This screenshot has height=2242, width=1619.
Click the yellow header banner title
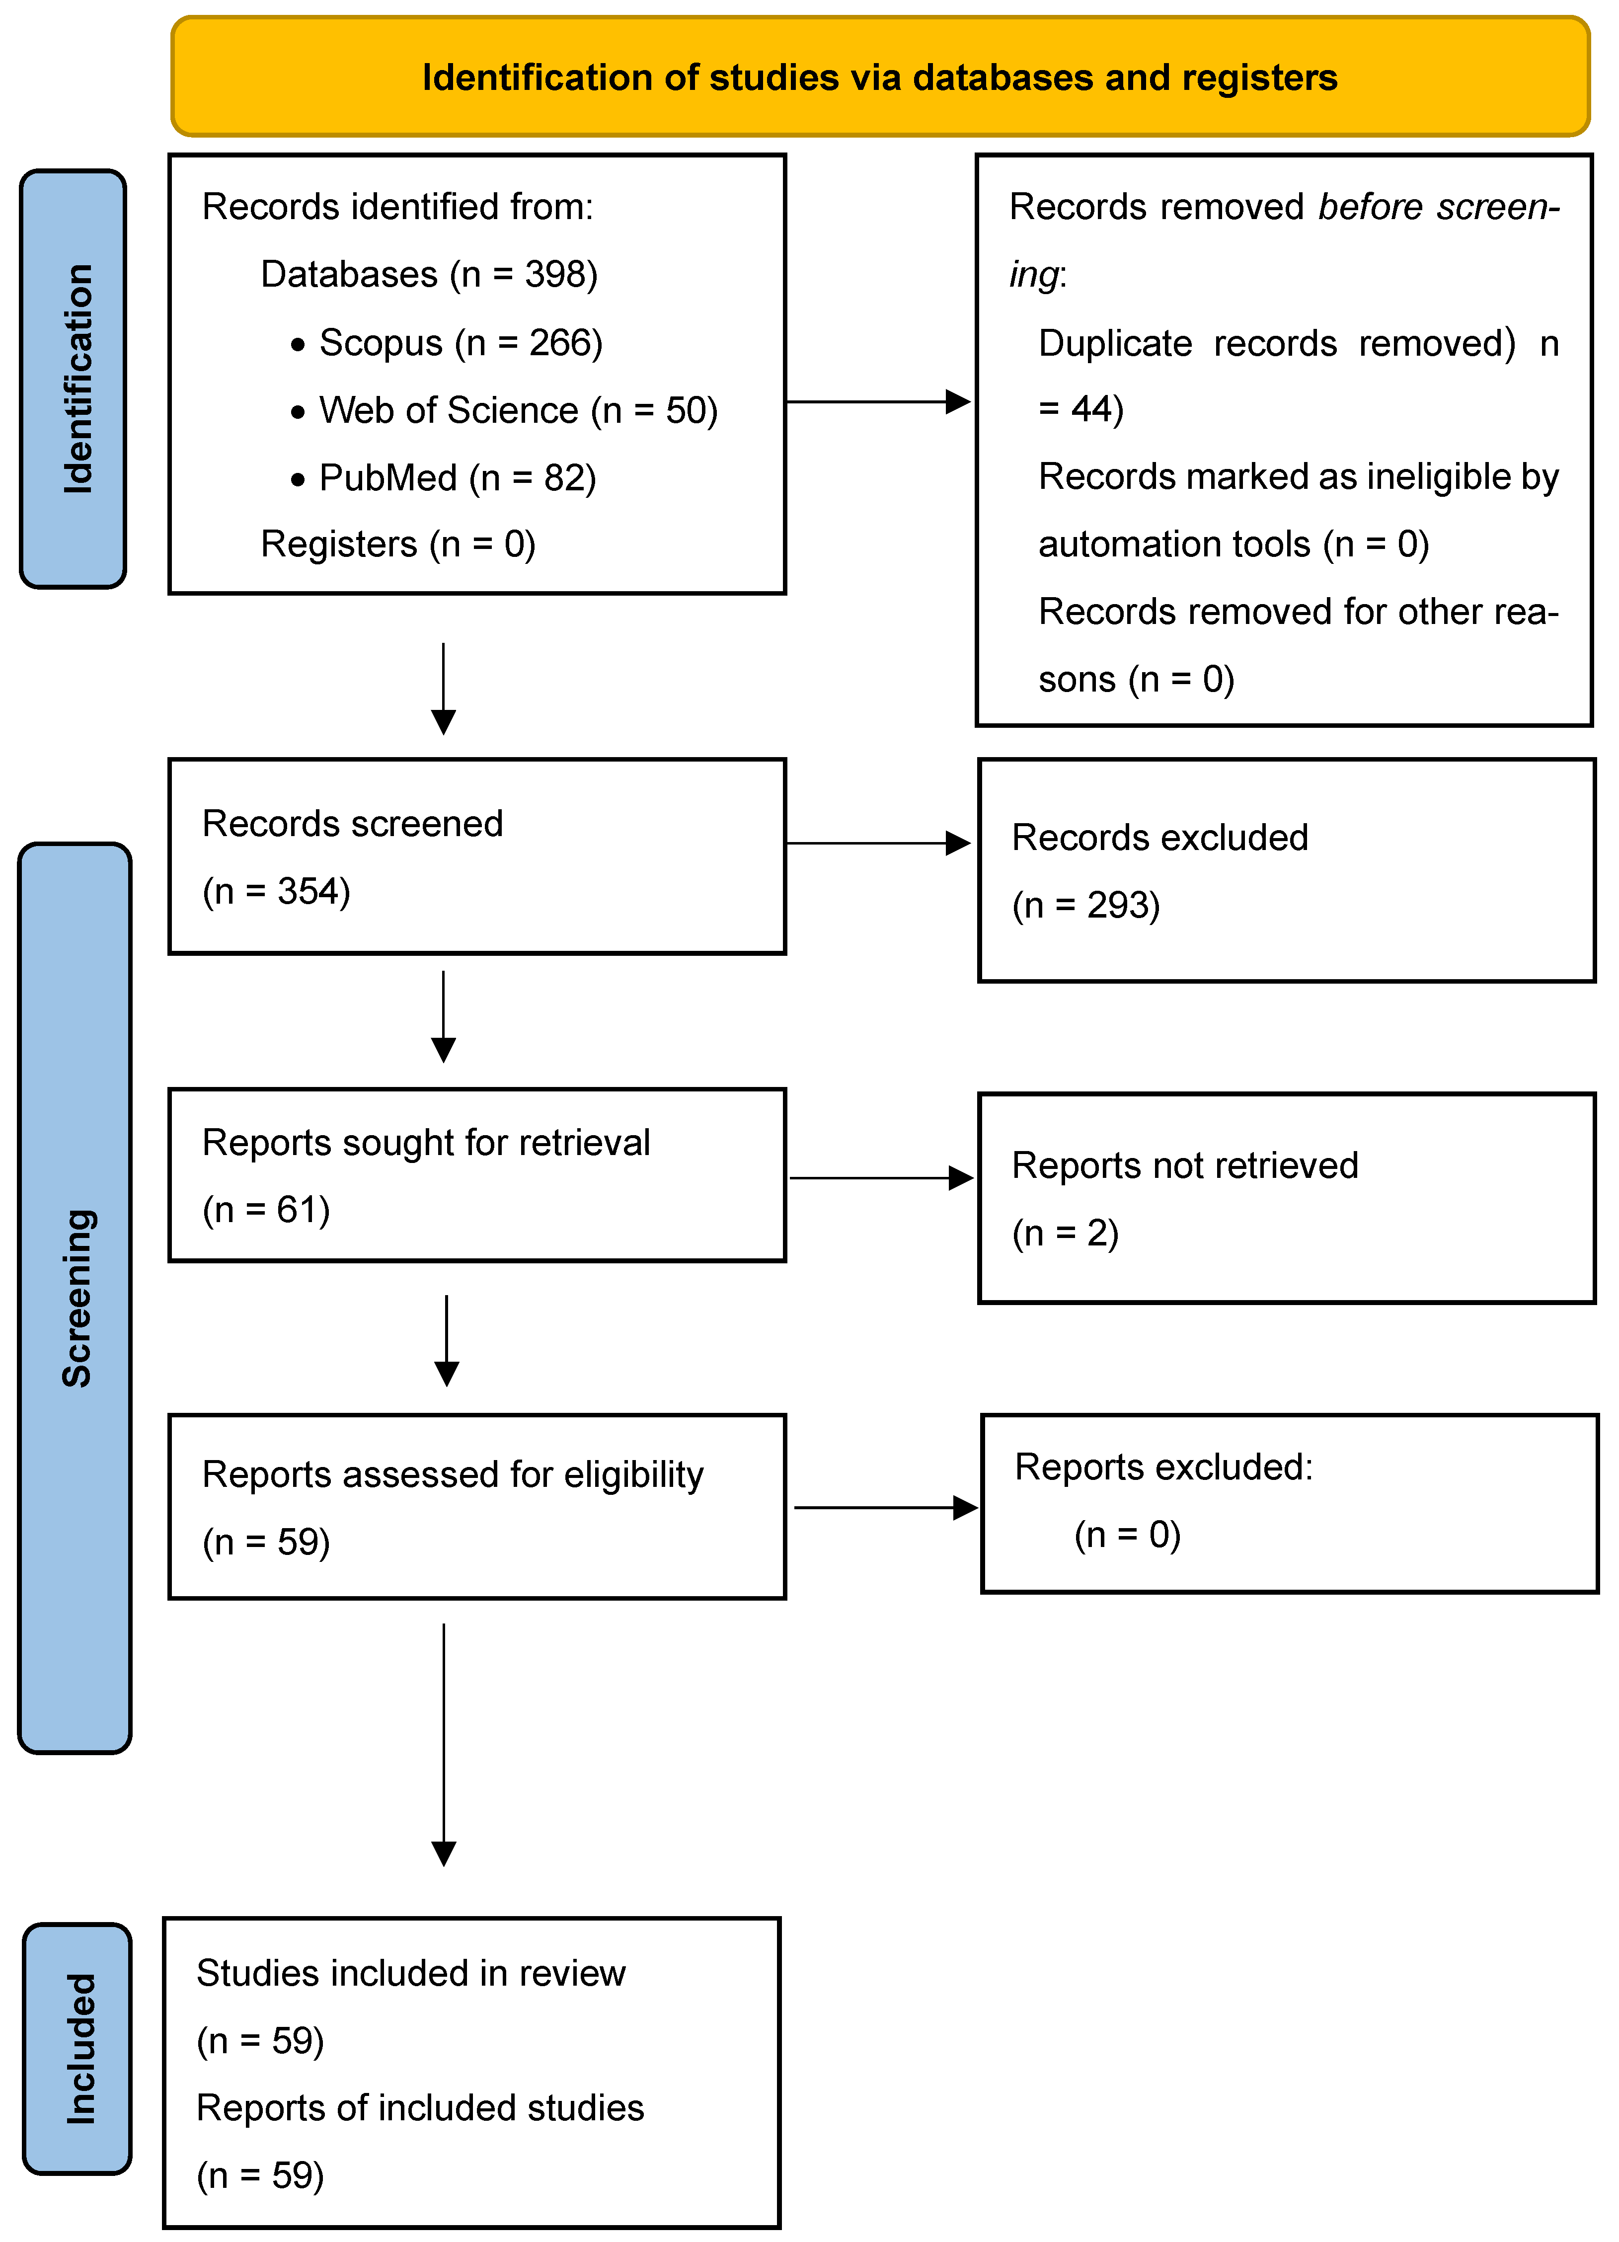880,77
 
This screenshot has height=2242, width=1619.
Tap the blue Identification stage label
74,379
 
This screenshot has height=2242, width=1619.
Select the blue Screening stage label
75,1298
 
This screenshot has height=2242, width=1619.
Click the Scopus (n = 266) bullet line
447,343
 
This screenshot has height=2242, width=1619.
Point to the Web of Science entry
504,410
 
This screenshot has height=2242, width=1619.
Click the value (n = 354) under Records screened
277,892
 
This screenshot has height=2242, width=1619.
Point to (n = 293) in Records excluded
1086,906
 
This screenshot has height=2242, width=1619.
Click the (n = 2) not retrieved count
1066,1234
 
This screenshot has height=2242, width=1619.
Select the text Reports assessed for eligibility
453,1475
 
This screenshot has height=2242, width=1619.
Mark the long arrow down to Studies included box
444,1745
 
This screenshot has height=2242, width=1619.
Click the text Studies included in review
411,1973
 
